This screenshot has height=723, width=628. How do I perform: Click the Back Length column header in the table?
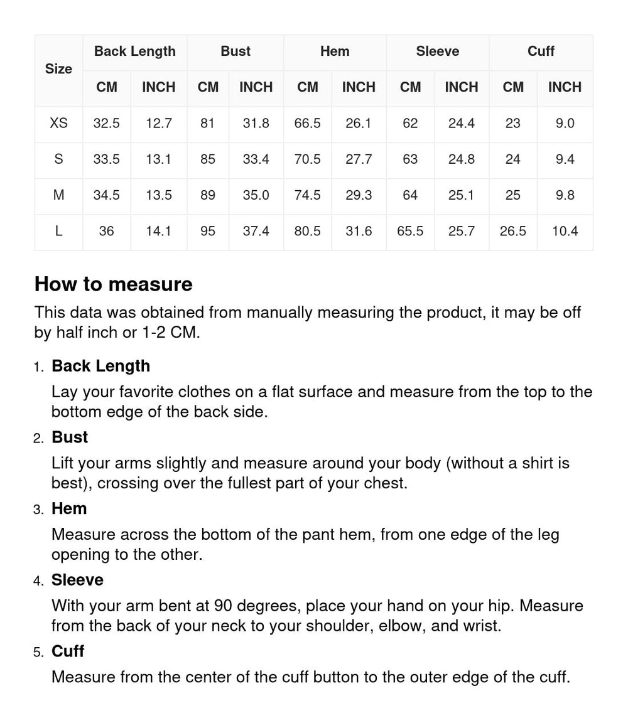135,51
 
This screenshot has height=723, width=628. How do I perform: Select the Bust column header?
235,51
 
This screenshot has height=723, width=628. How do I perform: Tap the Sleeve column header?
437,51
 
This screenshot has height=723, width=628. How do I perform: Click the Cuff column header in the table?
541,51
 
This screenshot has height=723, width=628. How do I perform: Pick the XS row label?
58,124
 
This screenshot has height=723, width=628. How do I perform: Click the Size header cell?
58,69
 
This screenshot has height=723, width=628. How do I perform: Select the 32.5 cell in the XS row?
106,124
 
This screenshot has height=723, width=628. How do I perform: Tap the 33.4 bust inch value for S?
256,159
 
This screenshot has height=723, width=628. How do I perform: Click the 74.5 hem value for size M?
307,195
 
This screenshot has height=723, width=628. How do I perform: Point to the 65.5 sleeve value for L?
410,232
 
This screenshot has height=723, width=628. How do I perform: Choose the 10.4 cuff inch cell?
565,232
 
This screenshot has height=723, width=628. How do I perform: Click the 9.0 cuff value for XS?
565,124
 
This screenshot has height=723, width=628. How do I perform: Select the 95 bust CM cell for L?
208,232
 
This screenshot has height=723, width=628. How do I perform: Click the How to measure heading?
114,284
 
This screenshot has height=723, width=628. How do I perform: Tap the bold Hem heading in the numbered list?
69,508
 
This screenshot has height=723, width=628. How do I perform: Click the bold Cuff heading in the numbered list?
68,651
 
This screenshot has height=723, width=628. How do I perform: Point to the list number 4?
38,581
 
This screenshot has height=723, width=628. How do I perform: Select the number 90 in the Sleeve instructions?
224,606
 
